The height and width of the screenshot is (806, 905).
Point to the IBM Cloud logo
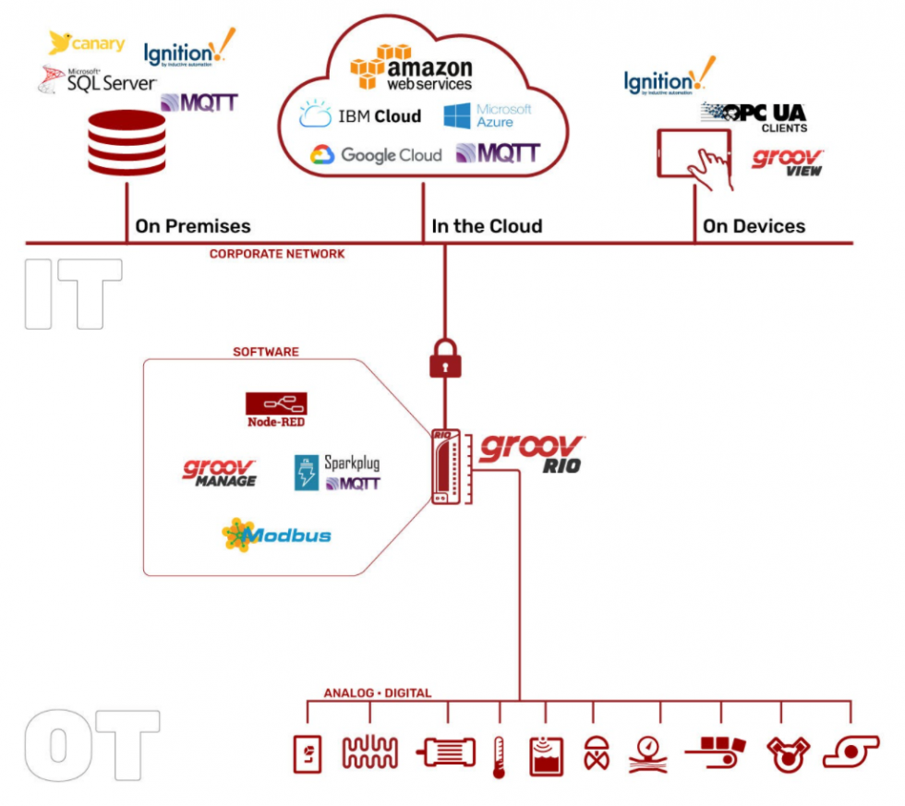click(360, 116)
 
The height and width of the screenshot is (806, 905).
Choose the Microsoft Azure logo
click(488, 116)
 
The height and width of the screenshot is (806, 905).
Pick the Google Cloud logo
click(376, 155)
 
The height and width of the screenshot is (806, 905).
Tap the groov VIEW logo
click(787, 162)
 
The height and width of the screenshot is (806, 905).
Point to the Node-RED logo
click(276, 409)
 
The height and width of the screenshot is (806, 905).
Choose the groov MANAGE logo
click(220, 473)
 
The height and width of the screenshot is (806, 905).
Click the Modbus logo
click(276, 535)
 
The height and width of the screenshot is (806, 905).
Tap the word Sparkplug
click(352, 463)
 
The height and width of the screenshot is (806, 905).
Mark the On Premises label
click(192, 226)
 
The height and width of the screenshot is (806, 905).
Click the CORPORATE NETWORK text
click(277, 254)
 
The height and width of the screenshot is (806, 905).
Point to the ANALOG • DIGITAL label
click(377, 692)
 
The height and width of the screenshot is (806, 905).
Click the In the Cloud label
click(487, 226)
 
